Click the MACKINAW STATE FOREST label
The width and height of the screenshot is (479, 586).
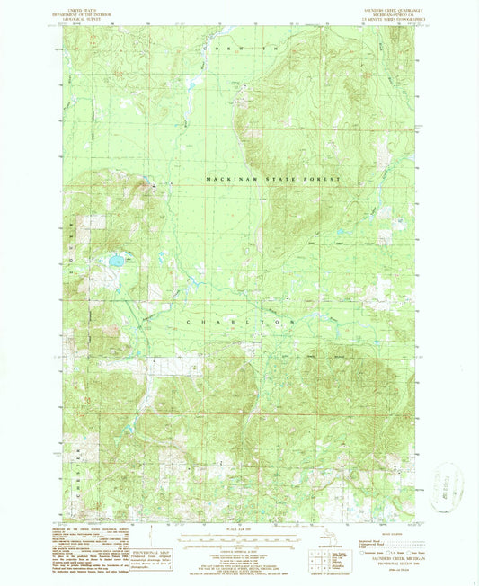tap(275, 180)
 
